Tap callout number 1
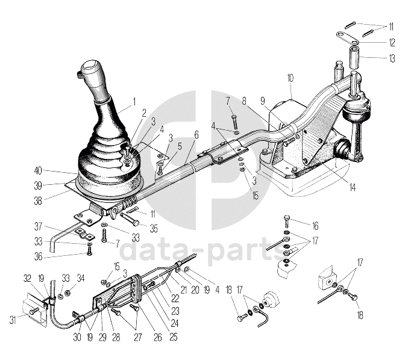(x=134, y=101)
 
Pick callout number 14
(x=352, y=187)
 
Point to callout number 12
(x=391, y=42)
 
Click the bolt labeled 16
(x=285, y=218)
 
